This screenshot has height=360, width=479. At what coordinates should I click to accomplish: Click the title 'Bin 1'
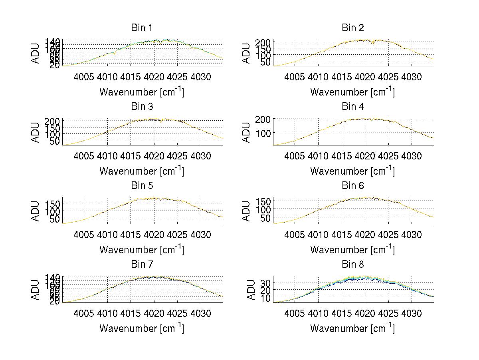pos(142,28)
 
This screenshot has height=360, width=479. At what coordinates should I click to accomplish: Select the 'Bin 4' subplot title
pos(353,107)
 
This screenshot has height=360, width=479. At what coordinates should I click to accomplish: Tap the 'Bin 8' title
pos(353,264)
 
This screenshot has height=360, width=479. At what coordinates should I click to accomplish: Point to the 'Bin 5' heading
pos(142,185)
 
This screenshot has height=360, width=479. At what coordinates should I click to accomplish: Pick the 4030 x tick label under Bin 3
pos(200,155)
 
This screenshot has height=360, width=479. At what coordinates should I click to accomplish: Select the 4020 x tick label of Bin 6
pos(364,234)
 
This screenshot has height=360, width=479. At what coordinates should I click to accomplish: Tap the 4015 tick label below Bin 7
pos(131,313)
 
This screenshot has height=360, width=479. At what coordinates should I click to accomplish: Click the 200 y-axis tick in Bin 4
pos(263,119)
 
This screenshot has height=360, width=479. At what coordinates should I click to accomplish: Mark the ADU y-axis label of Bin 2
pos(246,53)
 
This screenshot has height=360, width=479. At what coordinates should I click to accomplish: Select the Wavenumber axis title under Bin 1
pos(142,91)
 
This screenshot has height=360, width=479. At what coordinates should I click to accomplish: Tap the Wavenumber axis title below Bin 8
pos(353,328)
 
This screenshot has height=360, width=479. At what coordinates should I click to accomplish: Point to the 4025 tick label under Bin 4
pos(388,155)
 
